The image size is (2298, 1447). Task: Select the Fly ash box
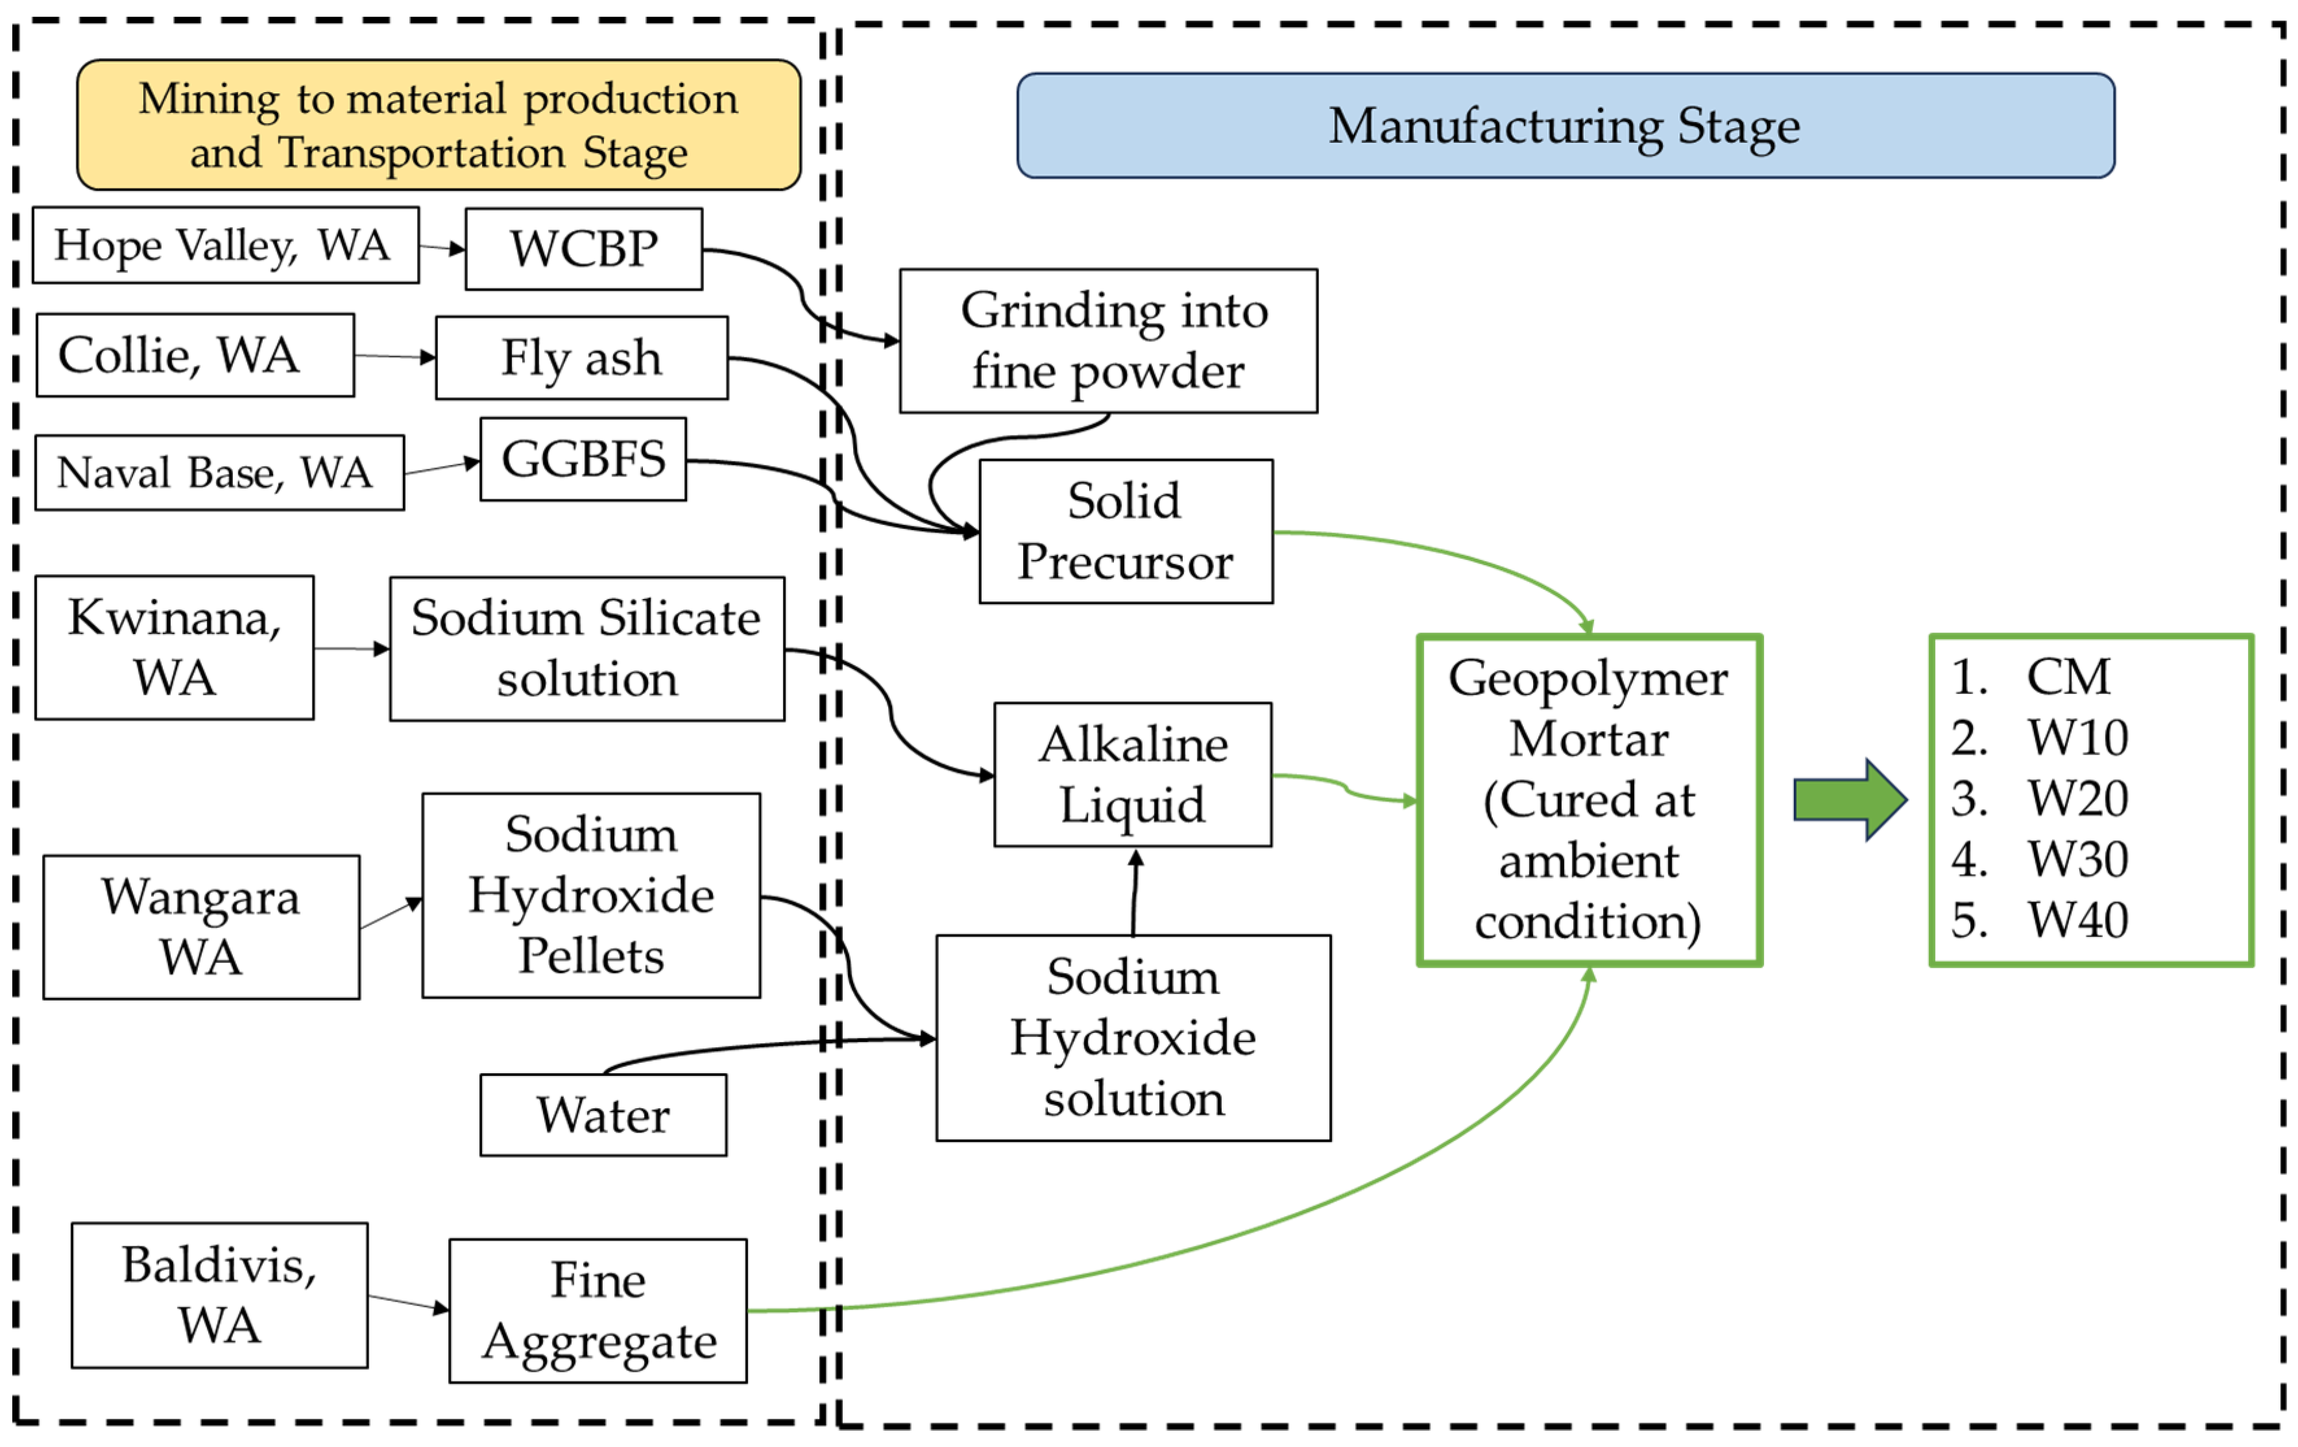pyautogui.click(x=581, y=358)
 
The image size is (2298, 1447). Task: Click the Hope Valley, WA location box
pyautogui.click(x=225, y=245)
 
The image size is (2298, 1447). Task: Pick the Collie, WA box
pyautogui.click(x=195, y=355)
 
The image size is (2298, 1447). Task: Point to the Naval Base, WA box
pyautogui.click(x=219, y=472)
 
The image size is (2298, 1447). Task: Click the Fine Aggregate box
pyautogui.click(x=598, y=1311)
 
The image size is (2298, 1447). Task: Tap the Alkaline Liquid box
pyautogui.click(x=1132, y=775)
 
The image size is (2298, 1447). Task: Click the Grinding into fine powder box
pyautogui.click(x=1108, y=341)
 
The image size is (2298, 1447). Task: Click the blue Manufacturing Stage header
pyautogui.click(x=1565, y=126)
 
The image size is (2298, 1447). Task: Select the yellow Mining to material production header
pyautogui.click(x=438, y=125)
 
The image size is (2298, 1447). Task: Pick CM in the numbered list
pyautogui.click(x=2068, y=677)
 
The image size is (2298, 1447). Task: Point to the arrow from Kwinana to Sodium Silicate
pyautogui.click(x=350, y=649)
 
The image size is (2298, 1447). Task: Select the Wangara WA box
pyautogui.click(x=200, y=927)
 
